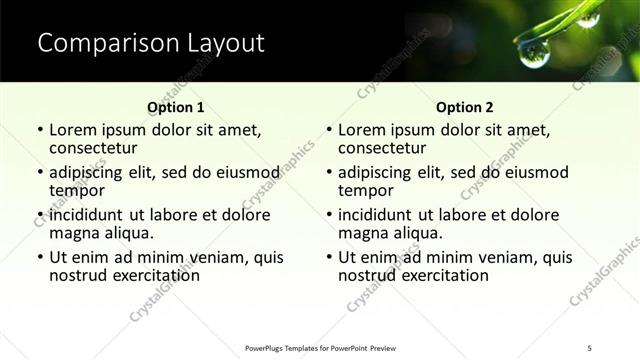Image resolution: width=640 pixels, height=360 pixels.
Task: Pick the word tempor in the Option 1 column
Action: tap(77, 190)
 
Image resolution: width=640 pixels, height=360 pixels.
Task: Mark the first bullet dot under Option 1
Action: tap(39, 130)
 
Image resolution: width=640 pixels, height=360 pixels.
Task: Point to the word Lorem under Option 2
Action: tap(362, 130)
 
